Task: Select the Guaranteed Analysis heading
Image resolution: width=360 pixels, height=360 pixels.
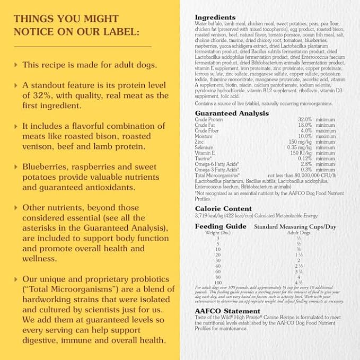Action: tap(232, 113)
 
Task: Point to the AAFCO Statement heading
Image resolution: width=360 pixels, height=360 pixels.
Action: tap(227, 311)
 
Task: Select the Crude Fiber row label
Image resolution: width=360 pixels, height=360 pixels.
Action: tap(207, 131)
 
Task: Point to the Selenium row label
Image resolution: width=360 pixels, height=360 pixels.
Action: tap(204, 147)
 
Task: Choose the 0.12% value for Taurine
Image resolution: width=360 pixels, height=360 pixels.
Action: tap(304, 159)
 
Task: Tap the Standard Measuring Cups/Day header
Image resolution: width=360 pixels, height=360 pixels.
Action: tap(295, 226)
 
